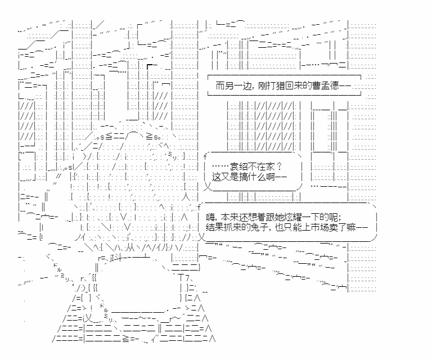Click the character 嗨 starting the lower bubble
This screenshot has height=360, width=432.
pos(211,217)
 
